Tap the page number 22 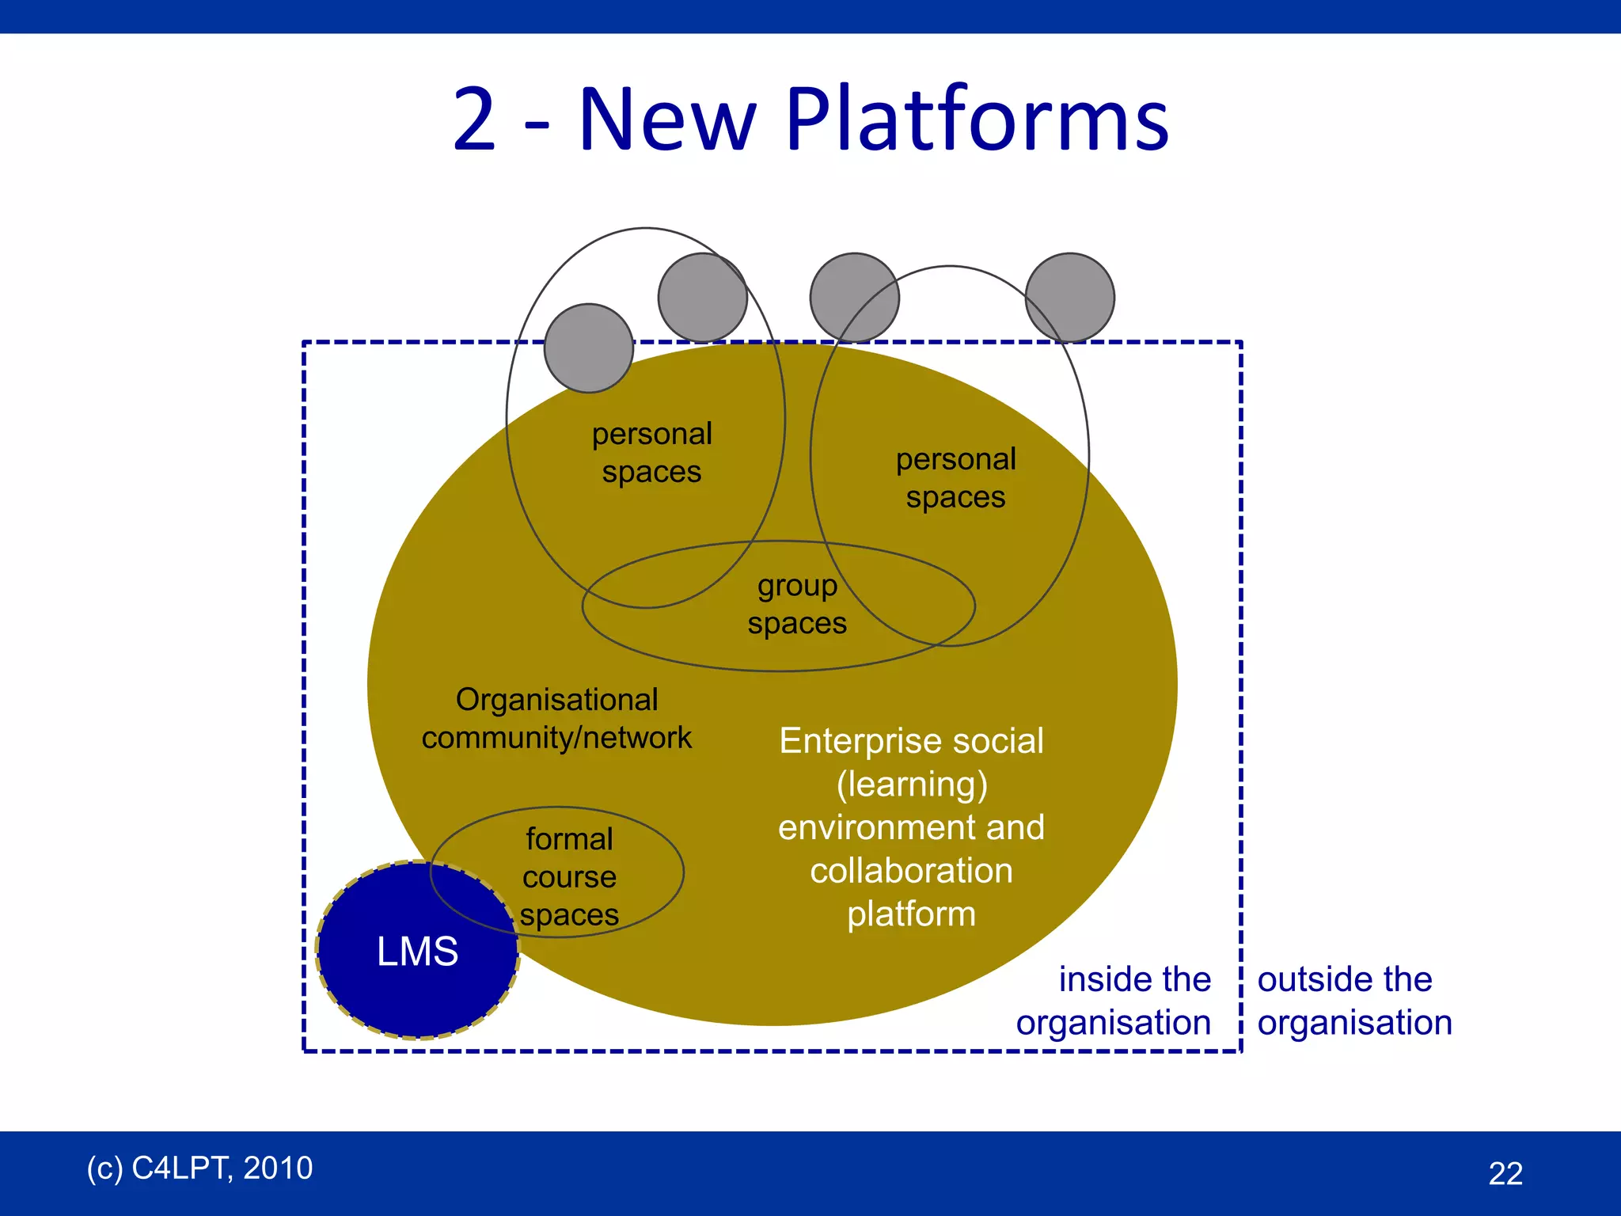(x=1505, y=1173)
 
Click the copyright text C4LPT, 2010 (x=199, y=1168)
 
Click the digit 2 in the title (x=474, y=120)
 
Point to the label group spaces (x=797, y=605)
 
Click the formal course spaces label (x=569, y=876)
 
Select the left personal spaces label (x=651, y=453)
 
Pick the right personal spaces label (x=955, y=478)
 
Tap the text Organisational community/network (x=556, y=719)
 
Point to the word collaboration (x=911, y=871)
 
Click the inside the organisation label (x=1114, y=1001)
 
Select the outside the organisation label (x=1354, y=1001)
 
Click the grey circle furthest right (x=1069, y=298)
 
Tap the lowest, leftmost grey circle (x=588, y=348)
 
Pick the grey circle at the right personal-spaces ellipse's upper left (x=854, y=298)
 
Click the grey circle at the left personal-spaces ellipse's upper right (x=702, y=298)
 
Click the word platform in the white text (x=911, y=914)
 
